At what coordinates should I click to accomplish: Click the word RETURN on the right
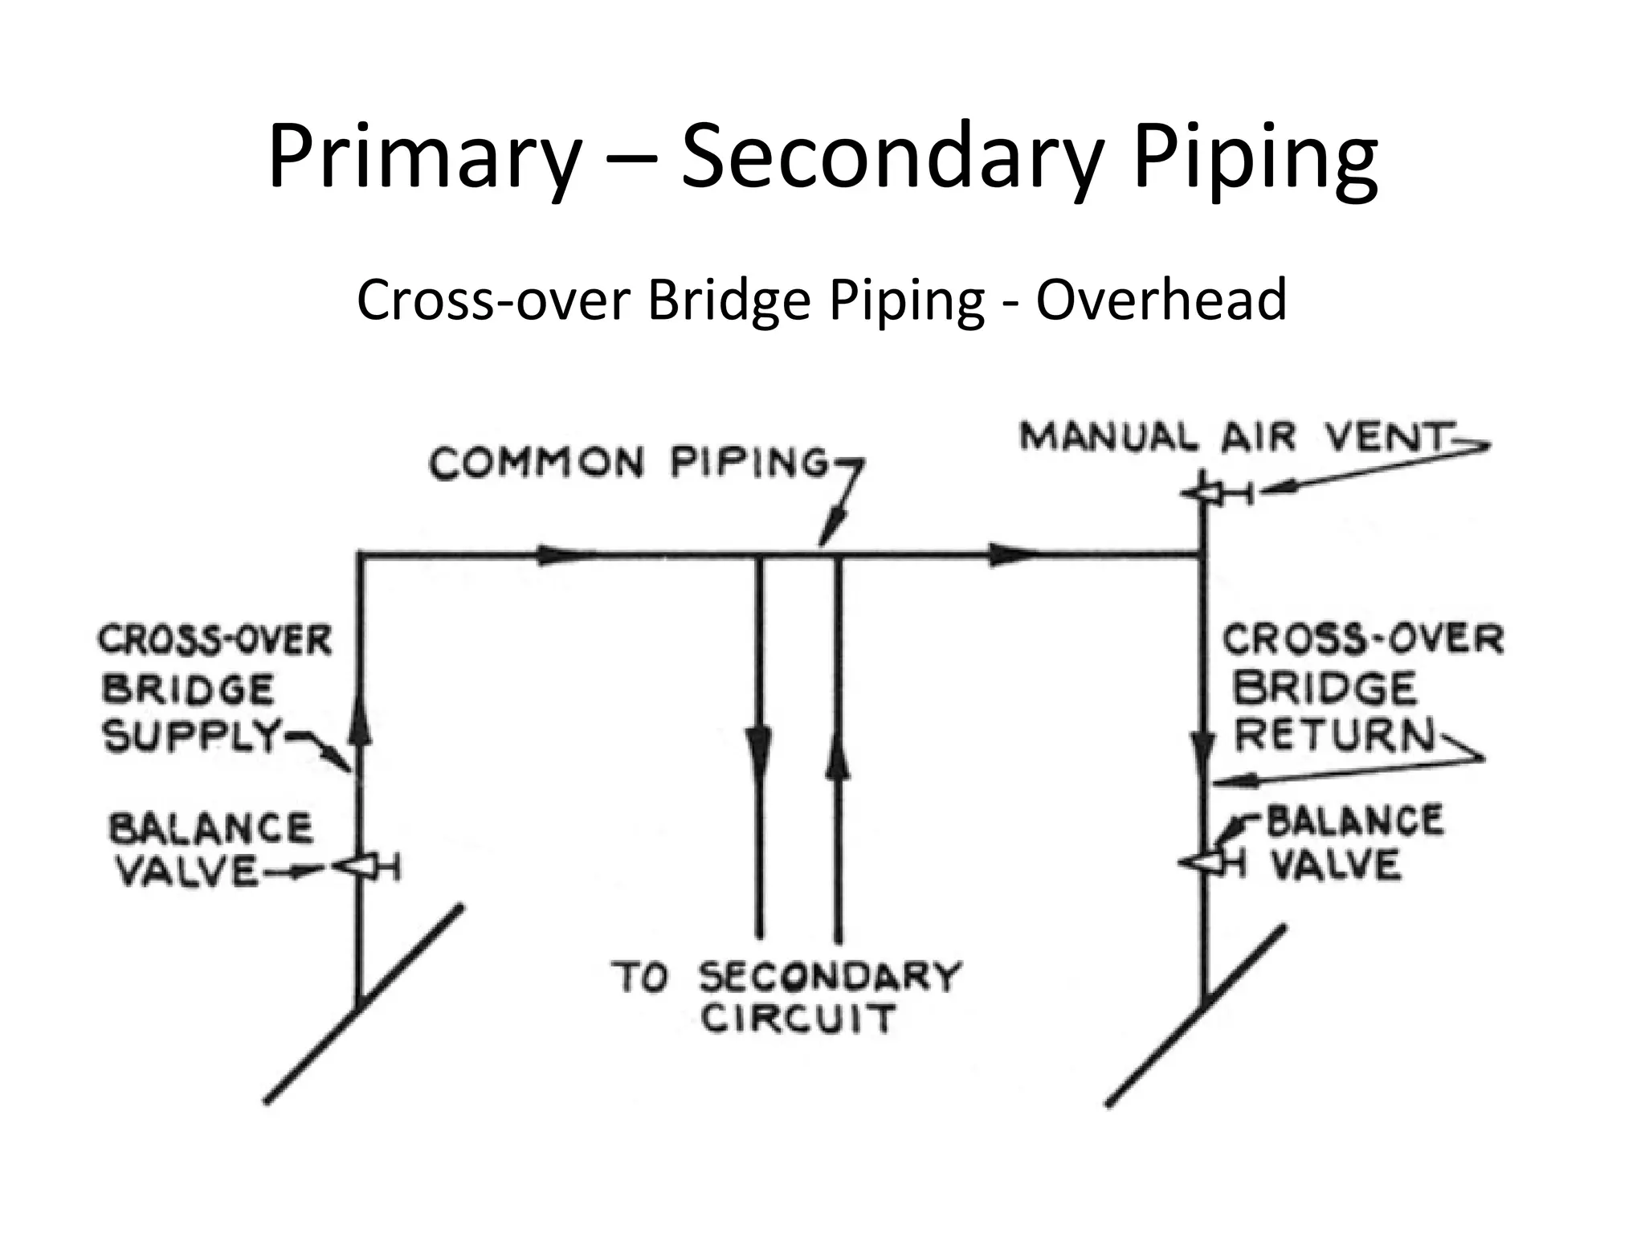pos(1334,734)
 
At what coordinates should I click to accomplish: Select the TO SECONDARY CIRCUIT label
pos(787,997)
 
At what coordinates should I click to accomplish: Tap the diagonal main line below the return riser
pos(1197,1016)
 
